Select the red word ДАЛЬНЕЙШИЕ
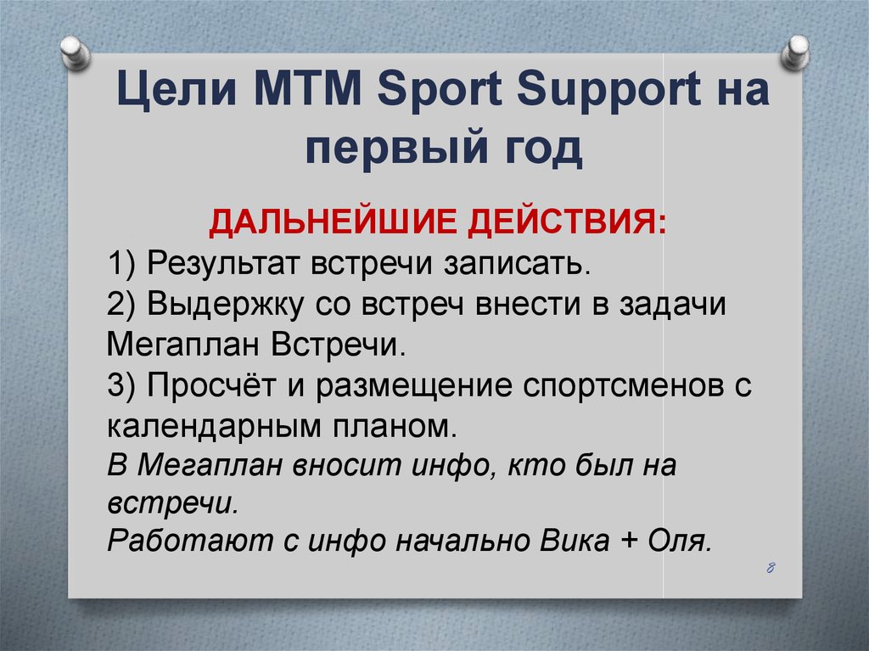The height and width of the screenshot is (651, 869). click(x=334, y=226)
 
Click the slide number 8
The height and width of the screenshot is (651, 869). click(x=771, y=568)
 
